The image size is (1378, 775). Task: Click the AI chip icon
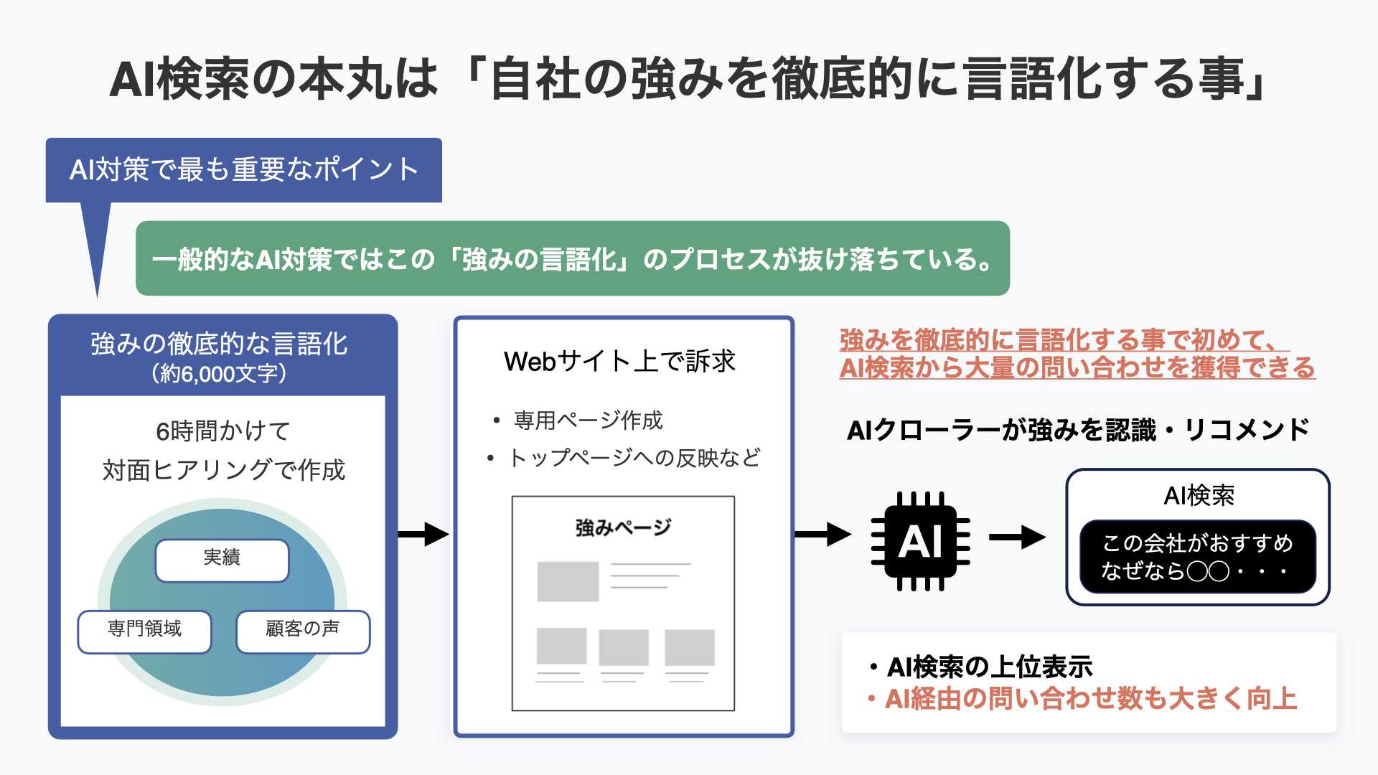point(920,541)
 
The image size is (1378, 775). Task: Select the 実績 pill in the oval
point(222,560)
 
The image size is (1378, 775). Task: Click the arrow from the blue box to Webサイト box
point(423,534)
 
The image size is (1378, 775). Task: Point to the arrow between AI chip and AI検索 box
point(1017,537)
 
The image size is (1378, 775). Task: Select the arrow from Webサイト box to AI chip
point(823,534)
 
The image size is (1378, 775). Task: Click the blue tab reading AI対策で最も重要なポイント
point(244,170)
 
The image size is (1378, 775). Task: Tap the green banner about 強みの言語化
point(573,258)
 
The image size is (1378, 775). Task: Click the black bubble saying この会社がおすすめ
point(1198,557)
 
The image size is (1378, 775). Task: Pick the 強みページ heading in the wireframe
point(623,527)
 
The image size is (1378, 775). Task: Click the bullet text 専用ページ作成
point(588,421)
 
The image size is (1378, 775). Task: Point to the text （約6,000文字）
point(220,374)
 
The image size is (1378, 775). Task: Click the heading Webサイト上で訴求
point(620,361)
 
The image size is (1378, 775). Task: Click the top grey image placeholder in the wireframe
point(568,581)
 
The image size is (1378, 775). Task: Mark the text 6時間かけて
point(223,431)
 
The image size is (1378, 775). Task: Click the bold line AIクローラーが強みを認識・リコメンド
point(1078,431)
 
